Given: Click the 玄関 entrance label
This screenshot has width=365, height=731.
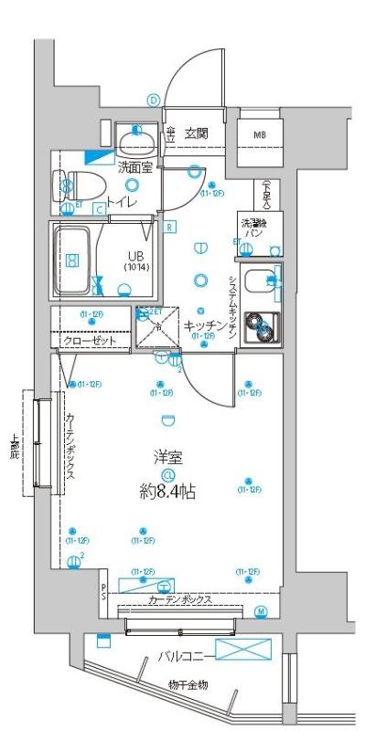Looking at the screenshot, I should click(196, 133).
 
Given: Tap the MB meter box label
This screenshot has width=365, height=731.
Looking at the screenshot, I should click(260, 135).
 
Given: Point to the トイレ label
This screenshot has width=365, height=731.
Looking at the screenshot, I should click(122, 202).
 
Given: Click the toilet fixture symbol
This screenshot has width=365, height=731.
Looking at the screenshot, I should click(72, 185).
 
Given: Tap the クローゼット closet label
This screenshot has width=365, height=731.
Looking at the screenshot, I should click(90, 341).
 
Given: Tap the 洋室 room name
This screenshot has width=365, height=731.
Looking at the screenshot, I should click(166, 457).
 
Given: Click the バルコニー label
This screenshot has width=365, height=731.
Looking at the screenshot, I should click(185, 655).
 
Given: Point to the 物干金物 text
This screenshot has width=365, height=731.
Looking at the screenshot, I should click(188, 685).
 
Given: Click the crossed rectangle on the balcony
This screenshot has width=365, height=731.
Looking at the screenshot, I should click(243, 650).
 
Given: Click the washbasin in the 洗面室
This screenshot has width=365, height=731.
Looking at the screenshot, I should click(138, 140).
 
